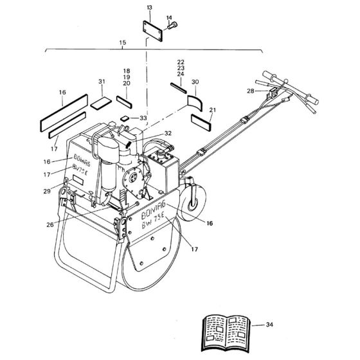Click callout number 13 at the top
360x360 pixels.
pyautogui.click(x=150, y=7)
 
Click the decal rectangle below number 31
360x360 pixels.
pyautogui.click(x=100, y=102)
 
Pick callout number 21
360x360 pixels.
pyautogui.click(x=213, y=110)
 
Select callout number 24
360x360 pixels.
pyautogui.click(x=181, y=75)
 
